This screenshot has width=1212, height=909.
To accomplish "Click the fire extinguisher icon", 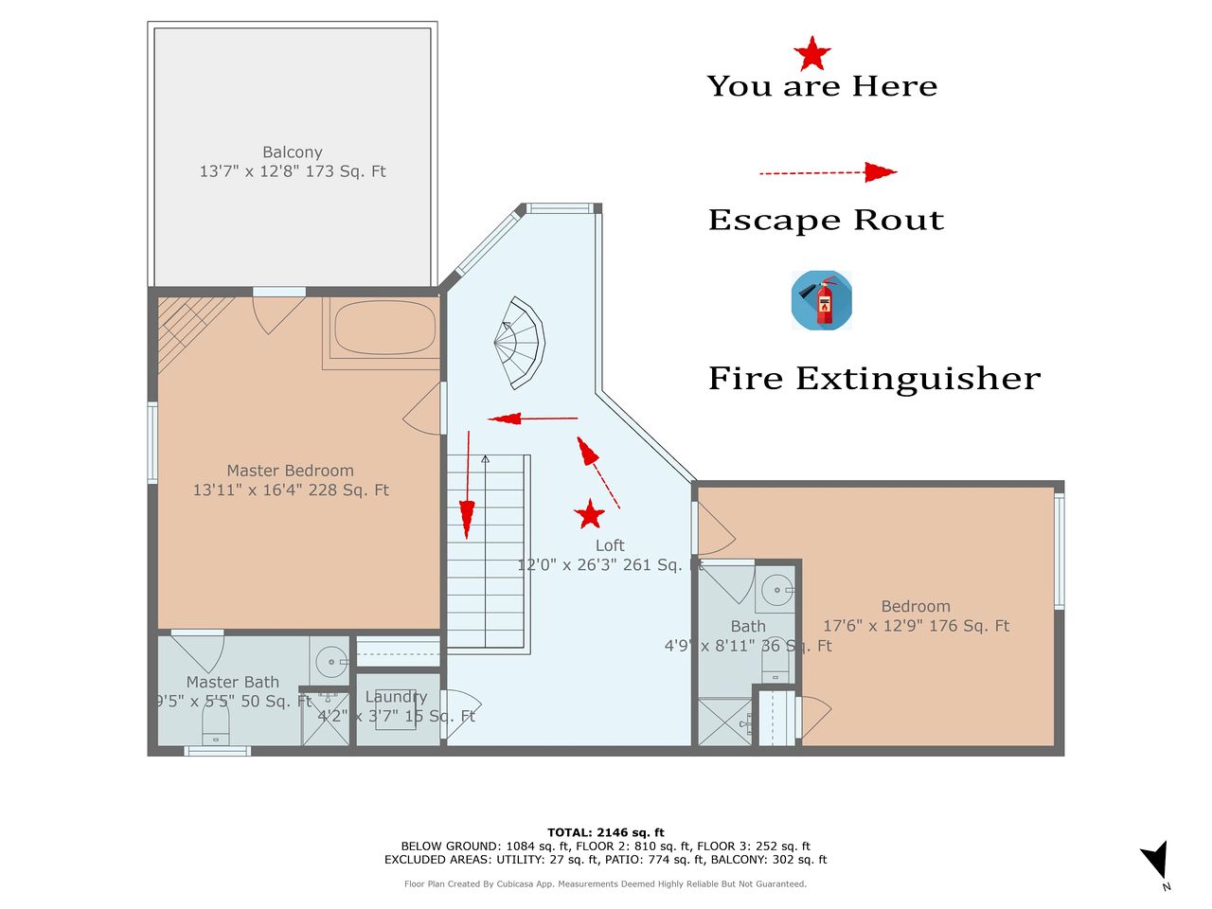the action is coord(821,300).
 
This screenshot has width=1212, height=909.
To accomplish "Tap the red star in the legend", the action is coord(812,54).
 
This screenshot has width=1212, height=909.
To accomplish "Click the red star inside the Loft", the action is coord(589,514).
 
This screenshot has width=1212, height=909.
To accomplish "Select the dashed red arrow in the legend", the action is coord(829,172).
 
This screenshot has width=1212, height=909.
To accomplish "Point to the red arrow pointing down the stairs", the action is coord(468,485).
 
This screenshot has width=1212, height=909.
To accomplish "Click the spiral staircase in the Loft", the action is coord(520,343).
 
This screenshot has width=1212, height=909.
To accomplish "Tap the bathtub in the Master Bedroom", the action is coord(384,328).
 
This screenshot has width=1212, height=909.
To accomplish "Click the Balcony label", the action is coord(292,151).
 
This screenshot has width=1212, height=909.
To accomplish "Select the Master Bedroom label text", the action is coord(291,471).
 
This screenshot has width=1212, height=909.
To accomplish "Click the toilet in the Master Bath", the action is coord(215,723).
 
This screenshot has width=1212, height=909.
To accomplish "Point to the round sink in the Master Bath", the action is coord(330,661).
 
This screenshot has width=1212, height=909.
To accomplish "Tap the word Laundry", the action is coord(396,697).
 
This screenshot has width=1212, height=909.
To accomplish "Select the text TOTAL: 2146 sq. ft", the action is coord(606,832).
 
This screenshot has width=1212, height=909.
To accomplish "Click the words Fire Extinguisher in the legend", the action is coord(874,379).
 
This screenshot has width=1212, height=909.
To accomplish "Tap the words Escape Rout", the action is coord(826,220).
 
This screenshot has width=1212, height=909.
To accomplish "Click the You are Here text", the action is coord(822,86).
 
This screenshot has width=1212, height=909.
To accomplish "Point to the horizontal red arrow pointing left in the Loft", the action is coord(533,419).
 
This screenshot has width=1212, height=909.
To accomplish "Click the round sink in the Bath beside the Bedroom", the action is coord(776,590).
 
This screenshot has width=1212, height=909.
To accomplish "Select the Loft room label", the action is coord(610,545).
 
